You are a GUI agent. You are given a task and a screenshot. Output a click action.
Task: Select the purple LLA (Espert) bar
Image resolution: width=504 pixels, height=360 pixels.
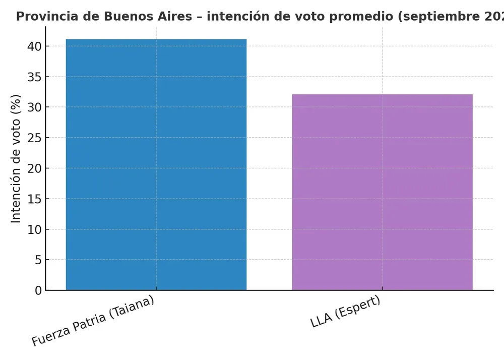(x=382, y=192)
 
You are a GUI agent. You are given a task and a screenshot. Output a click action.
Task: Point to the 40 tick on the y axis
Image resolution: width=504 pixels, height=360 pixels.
(x=34, y=46)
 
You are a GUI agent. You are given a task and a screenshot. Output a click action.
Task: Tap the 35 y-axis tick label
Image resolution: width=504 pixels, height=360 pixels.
(x=34, y=77)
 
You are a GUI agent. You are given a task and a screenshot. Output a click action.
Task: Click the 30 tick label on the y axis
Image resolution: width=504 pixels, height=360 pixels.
(x=34, y=107)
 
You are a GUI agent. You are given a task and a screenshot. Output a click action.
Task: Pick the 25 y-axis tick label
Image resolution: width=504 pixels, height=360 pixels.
(x=34, y=138)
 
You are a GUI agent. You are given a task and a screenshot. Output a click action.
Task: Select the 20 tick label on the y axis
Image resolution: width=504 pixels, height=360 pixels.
(x=34, y=168)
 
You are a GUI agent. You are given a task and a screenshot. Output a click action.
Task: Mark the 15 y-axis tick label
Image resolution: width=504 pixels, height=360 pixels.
(x=34, y=199)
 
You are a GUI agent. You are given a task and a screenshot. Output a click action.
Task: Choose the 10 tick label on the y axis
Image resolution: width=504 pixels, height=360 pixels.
(x=34, y=229)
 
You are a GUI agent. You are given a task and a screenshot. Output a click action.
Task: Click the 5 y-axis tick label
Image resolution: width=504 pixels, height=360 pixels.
(x=38, y=260)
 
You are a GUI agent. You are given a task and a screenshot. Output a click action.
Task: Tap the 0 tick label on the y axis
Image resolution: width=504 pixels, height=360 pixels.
(x=38, y=290)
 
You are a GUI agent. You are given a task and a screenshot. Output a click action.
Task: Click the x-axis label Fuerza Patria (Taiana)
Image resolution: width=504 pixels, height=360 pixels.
(x=93, y=321)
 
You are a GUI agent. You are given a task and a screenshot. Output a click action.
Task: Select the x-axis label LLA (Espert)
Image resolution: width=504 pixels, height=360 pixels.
(x=346, y=313)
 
